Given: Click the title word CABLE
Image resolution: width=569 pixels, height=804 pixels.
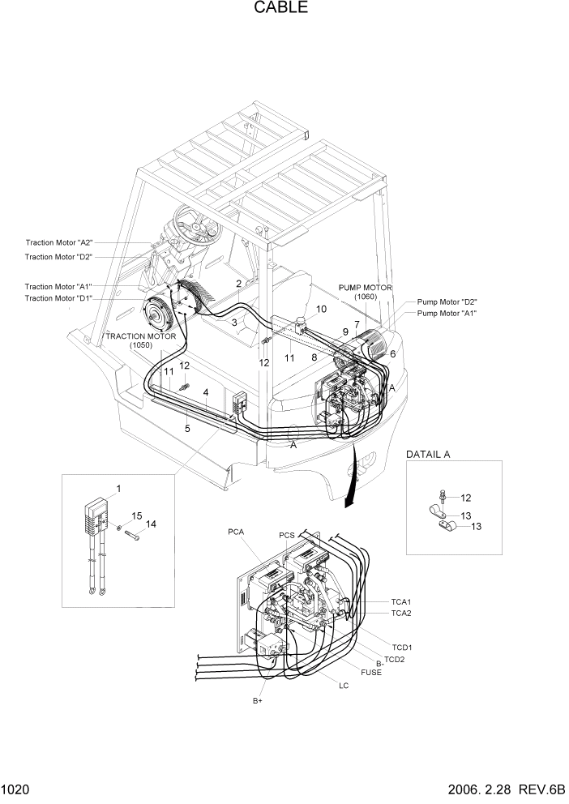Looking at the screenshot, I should coord(280,9).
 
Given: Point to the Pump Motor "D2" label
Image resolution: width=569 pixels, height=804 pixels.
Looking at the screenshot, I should coord(447,301).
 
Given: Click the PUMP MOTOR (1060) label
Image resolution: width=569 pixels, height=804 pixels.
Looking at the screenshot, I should coord(366,292).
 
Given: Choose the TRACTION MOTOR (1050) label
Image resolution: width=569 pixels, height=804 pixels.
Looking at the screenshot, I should coord(140,340).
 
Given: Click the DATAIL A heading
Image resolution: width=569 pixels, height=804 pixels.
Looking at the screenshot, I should coord(427,455).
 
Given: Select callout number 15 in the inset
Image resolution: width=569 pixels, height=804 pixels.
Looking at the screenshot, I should coord(136,515).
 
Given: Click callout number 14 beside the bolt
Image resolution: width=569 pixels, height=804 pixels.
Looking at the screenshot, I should coord(151,524).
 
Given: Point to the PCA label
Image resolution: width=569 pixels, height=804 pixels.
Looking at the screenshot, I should coord(236,532).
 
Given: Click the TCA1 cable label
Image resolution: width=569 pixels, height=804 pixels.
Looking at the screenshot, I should coord(401,602).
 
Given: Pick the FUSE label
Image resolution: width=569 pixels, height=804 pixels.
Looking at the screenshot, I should coord(371,672).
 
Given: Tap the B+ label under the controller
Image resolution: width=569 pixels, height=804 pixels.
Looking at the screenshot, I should coord(257,700).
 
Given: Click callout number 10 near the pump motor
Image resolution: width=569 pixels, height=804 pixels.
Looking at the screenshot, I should coord(321,310).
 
